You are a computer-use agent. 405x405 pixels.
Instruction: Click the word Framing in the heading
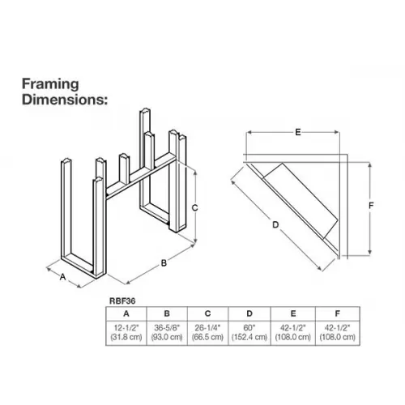[x=50, y=84]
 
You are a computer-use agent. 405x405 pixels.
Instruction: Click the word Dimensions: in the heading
[x=65, y=100]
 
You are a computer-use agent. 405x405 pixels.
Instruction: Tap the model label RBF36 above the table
[x=122, y=301]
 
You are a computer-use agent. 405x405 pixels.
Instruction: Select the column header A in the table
[x=126, y=313]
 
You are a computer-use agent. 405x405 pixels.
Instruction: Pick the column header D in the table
[x=249, y=313]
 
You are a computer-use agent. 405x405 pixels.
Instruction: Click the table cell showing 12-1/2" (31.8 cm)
[x=126, y=333]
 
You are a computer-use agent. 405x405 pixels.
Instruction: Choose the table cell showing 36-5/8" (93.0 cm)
[x=167, y=333]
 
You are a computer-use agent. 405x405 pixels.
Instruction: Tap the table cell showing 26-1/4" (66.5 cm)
[x=207, y=333]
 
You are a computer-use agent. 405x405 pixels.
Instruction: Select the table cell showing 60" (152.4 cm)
[x=249, y=333]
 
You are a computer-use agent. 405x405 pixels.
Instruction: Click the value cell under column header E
[x=293, y=333]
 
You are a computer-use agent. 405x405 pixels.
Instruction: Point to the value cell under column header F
[x=338, y=333]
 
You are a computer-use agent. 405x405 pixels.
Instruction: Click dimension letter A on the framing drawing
[x=62, y=277]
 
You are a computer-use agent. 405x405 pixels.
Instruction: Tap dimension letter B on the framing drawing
[x=164, y=262]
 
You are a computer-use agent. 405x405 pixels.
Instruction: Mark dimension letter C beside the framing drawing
[x=194, y=208]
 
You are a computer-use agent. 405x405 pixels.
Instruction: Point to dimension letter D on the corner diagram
[x=275, y=224]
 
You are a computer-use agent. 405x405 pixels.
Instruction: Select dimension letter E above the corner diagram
[x=298, y=132]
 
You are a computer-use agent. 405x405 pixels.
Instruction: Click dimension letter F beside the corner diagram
[x=371, y=206]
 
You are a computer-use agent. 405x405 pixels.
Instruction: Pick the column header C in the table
[x=207, y=313]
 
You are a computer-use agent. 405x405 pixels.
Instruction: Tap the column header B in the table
[x=167, y=313]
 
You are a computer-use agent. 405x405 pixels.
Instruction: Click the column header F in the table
[x=338, y=313]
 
